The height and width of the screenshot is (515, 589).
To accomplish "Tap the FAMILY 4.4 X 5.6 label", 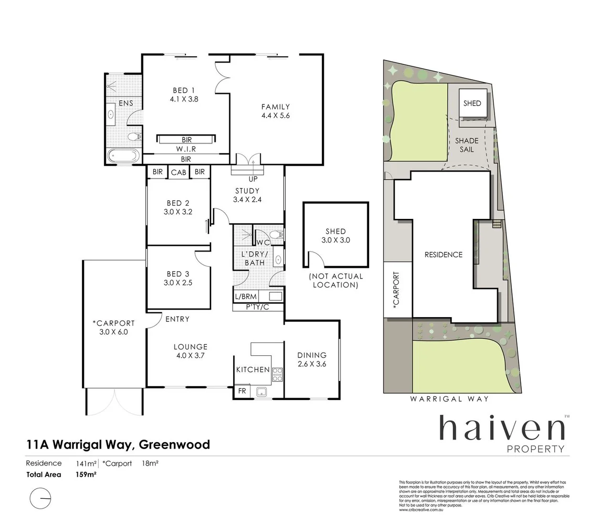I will [275, 111].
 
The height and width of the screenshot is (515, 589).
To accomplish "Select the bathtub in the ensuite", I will [123, 155].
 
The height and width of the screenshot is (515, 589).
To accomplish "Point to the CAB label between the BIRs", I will [179, 172].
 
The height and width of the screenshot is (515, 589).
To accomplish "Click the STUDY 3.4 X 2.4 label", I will [247, 196].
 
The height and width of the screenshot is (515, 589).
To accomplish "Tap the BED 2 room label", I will [178, 207].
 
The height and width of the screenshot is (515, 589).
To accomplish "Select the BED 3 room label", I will [178, 278].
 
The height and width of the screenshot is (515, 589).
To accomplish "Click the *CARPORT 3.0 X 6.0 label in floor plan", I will [114, 328].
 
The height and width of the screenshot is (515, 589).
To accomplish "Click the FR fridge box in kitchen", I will [242, 391].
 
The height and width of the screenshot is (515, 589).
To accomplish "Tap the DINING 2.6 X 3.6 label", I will [312, 360].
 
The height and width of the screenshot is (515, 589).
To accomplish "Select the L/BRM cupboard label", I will [246, 297].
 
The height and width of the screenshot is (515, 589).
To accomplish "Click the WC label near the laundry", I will [263, 242].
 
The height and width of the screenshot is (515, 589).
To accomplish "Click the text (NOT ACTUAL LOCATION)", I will [335, 280].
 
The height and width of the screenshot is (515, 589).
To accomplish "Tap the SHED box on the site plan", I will [472, 103].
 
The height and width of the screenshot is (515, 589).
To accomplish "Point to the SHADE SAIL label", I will [466, 145].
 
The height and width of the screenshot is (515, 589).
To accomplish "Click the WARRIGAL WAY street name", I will [449, 399].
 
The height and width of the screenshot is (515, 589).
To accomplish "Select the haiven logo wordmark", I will [501, 428].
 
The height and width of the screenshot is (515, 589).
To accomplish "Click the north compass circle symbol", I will [41, 498].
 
